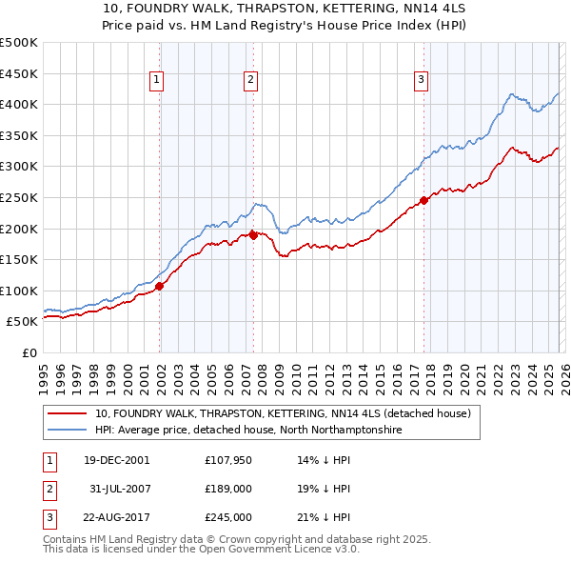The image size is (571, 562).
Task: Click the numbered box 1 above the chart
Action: point(156,81)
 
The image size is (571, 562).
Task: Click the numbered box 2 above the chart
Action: point(250,81)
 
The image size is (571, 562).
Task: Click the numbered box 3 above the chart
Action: point(421,81)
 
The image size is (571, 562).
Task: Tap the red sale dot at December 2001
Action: point(160,286)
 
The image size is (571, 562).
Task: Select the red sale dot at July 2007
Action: point(254,235)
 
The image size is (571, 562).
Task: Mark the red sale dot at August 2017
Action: point(423,201)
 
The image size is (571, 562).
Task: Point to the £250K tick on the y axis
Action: point(19,197)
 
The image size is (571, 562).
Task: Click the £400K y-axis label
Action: point(19,105)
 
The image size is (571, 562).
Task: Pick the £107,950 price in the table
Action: point(227,459)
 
